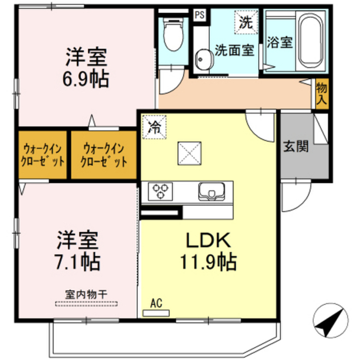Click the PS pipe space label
[200, 15]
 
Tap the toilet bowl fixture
[174, 34]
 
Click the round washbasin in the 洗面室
[204, 59]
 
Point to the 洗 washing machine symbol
[246, 22]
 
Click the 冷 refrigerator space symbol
[154, 127]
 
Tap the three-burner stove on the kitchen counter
[160, 191]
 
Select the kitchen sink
[211, 191]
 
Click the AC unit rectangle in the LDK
[156, 313]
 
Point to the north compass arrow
[331, 320]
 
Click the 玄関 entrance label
[295, 146]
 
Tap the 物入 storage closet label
[321, 93]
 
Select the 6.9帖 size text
[85, 79]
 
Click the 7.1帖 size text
[78, 262]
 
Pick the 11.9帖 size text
[208, 262]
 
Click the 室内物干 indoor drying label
[86, 295]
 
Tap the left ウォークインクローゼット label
[43, 155]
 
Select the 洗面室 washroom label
[235, 50]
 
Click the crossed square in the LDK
[190, 154]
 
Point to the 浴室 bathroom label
[280, 42]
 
